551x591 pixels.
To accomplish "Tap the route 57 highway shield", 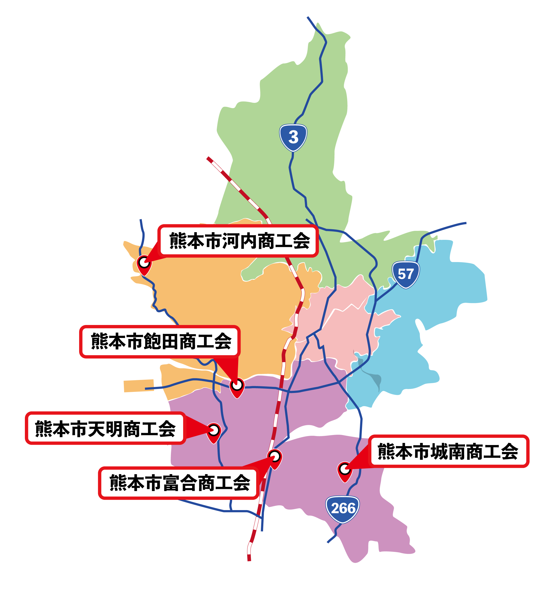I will [405, 274].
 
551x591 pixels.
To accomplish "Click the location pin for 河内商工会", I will [144, 264].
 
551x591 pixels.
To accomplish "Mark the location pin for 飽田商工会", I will [237, 387].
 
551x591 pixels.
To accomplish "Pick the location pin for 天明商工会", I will [214, 432].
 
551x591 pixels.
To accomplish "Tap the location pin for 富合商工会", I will [275, 458].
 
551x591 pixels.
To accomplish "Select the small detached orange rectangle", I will [139, 386].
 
